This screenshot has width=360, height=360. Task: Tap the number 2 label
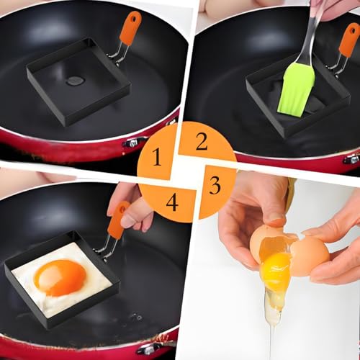(x=202, y=142)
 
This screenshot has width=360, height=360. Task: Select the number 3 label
(x=215, y=185)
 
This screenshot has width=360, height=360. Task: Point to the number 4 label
(x=172, y=202)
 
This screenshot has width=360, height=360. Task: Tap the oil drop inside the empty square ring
(x=76, y=81)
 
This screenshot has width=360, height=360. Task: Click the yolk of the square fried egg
(x=60, y=276)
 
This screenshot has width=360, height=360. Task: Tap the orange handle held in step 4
(x=118, y=219)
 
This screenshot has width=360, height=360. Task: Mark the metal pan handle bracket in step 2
(x=351, y=158)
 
